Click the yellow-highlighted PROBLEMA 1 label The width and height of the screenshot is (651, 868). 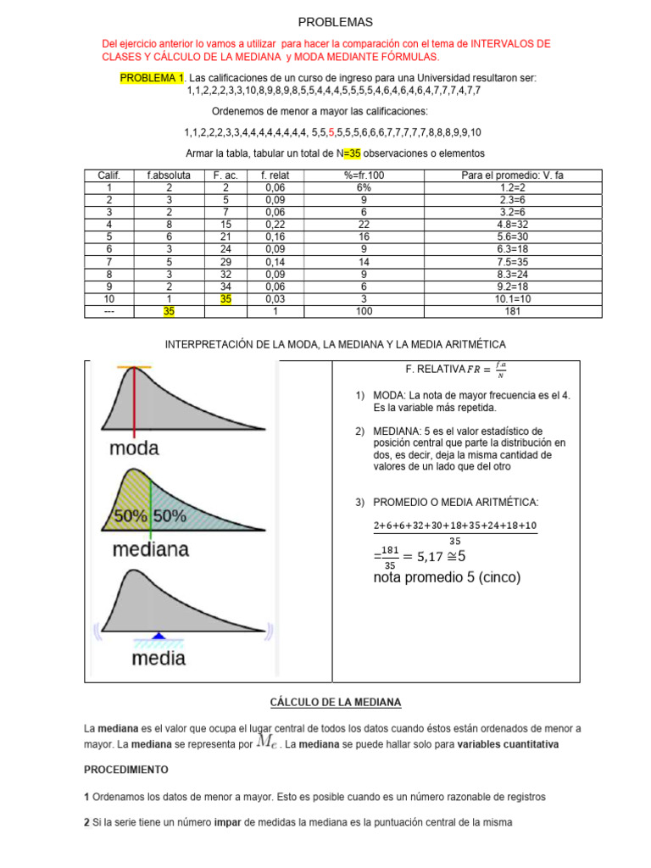click(152, 78)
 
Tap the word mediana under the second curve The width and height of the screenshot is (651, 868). click(150, 550)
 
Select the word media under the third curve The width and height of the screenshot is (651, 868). click(159, 657)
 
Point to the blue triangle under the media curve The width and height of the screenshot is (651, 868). click(159, 635)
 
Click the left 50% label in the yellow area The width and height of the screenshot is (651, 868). click(131, 515)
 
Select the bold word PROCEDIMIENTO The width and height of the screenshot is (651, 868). click(125, 770)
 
